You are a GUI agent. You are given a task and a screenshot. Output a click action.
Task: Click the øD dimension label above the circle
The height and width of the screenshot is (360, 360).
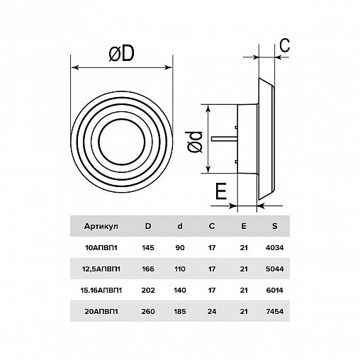121,54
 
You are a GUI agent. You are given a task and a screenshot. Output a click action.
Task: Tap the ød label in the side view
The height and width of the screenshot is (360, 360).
195,142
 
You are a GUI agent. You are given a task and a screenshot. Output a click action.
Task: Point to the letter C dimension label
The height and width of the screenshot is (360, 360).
285,45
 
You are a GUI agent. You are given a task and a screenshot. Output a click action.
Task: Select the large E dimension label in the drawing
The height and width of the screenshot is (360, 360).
221,191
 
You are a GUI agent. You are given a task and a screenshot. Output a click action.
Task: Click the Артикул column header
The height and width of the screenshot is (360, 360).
101,226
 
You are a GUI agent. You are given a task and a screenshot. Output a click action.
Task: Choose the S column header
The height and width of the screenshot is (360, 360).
274,226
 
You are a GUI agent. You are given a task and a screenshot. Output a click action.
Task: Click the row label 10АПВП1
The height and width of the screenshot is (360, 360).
101,248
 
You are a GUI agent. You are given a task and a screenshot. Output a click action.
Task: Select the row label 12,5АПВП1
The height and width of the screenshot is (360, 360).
101,269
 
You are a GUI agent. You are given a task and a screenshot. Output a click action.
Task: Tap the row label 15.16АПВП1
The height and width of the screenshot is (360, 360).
101,290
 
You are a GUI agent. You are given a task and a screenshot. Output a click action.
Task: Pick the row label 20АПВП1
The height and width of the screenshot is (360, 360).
101,311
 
